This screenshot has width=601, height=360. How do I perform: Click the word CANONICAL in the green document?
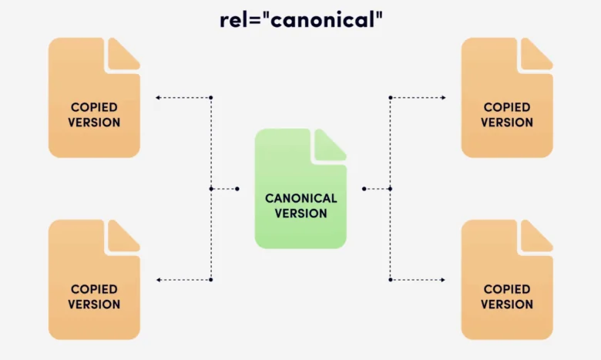click(x=301, y=198)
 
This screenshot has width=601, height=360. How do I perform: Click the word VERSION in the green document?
click(x=301, y=213)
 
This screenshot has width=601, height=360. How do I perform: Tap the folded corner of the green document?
click(x=331, y=143)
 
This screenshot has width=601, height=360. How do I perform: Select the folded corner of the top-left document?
click(x=124, y=53)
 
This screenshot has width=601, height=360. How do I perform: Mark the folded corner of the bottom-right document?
click(x=537, y=235)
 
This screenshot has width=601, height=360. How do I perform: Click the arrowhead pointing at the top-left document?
click(x=158, y=98)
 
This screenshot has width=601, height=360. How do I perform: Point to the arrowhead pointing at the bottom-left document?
click(x=158, y=280)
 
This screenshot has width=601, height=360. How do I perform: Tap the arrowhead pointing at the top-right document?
click(x=443, y=98)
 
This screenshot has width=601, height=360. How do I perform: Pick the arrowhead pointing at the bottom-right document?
click(x=443, y=280)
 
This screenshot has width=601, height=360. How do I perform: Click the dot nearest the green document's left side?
click(x=237, y=189)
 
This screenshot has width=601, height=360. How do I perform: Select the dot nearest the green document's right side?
click(x=364, y=189)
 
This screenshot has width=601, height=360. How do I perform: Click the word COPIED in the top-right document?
click(x=507, y=107)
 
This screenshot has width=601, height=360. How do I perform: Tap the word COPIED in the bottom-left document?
click(x=94, y=289)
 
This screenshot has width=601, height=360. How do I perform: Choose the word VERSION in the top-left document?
click(x=94, y=122)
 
